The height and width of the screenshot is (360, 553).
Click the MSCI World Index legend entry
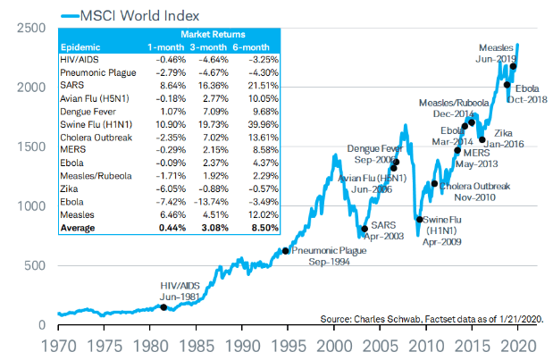(130, 16)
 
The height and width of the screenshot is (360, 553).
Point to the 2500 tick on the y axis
(31, 28)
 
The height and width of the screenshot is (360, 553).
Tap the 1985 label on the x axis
(197, 346)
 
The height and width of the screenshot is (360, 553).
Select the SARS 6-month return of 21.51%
(263, 86)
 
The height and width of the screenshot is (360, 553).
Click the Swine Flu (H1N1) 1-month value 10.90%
(171, 124)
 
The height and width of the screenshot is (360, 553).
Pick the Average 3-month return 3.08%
(214, 228)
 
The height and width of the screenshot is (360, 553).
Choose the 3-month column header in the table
(208, 47)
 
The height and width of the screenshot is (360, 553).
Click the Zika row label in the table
(69, 189)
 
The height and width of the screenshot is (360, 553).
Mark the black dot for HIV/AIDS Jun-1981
(163, 307)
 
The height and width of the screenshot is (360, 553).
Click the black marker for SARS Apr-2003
(364, 229)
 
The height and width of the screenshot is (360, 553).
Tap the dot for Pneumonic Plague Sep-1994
(286, 251)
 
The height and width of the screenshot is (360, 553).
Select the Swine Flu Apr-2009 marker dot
(419, 220)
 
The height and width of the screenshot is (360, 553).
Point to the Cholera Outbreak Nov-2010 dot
(434, 184)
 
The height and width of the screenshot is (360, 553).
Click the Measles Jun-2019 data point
(513, 66)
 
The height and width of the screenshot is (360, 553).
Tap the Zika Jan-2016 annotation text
(504, 138)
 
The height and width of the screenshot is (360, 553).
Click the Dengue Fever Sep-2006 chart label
(375, 154)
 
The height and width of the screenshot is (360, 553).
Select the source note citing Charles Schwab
(432, 319)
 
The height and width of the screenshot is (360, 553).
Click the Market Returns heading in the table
(213, 34)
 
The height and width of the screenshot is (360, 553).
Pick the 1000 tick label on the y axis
(31, 206)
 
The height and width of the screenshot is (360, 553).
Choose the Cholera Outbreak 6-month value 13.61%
(263, 138)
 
